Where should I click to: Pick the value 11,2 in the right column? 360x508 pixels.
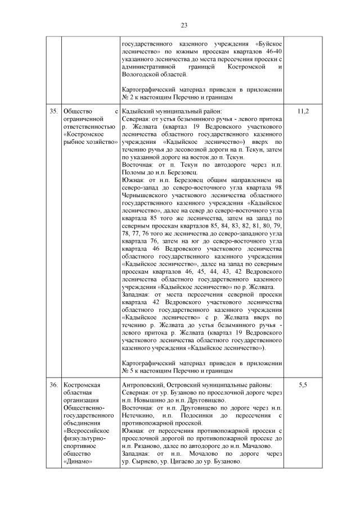(x=302, y=111)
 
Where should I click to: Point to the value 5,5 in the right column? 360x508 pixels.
(x=302, y=385)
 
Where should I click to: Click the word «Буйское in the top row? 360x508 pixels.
(x=269, y=42)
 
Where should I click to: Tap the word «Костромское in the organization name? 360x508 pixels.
(x=81, y=135)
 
